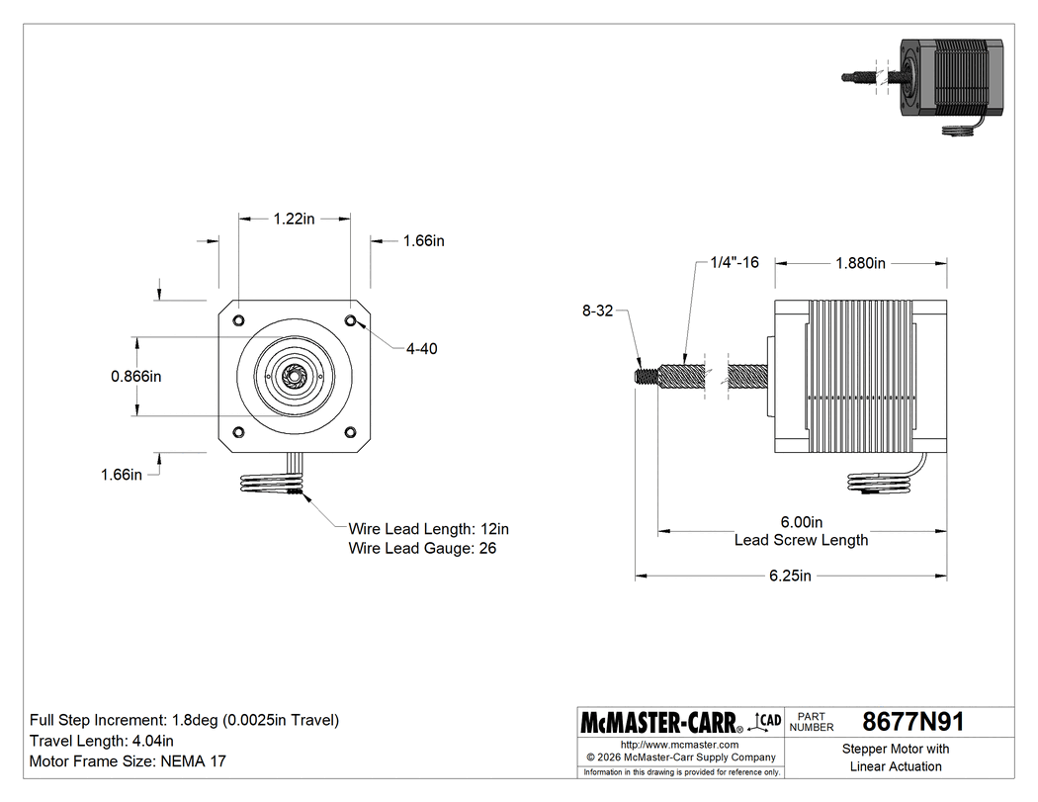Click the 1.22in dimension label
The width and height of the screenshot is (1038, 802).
(x=294, y=220)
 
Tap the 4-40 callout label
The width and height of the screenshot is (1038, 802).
(x=421, y=348)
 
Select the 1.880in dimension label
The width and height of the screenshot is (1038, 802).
(x=860, y=263)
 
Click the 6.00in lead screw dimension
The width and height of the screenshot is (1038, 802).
(x=801, y=522)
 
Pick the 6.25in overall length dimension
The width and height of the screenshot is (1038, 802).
(x=790, y=576)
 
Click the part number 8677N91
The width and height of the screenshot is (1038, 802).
(x=912, y=721)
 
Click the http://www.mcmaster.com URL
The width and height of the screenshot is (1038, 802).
(x=679, y=744)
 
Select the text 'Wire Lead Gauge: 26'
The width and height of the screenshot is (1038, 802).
(x=422, y=547)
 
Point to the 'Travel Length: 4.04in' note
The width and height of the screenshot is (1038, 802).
(x=102, y=741)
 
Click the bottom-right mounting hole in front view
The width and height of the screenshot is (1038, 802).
(x=351, y=431)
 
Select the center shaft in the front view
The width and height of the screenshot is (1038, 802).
(x=294, y=376)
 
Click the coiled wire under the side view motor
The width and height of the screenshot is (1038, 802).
(x=878, y=482)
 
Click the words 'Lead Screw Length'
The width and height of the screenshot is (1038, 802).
(x=801, y=540)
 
